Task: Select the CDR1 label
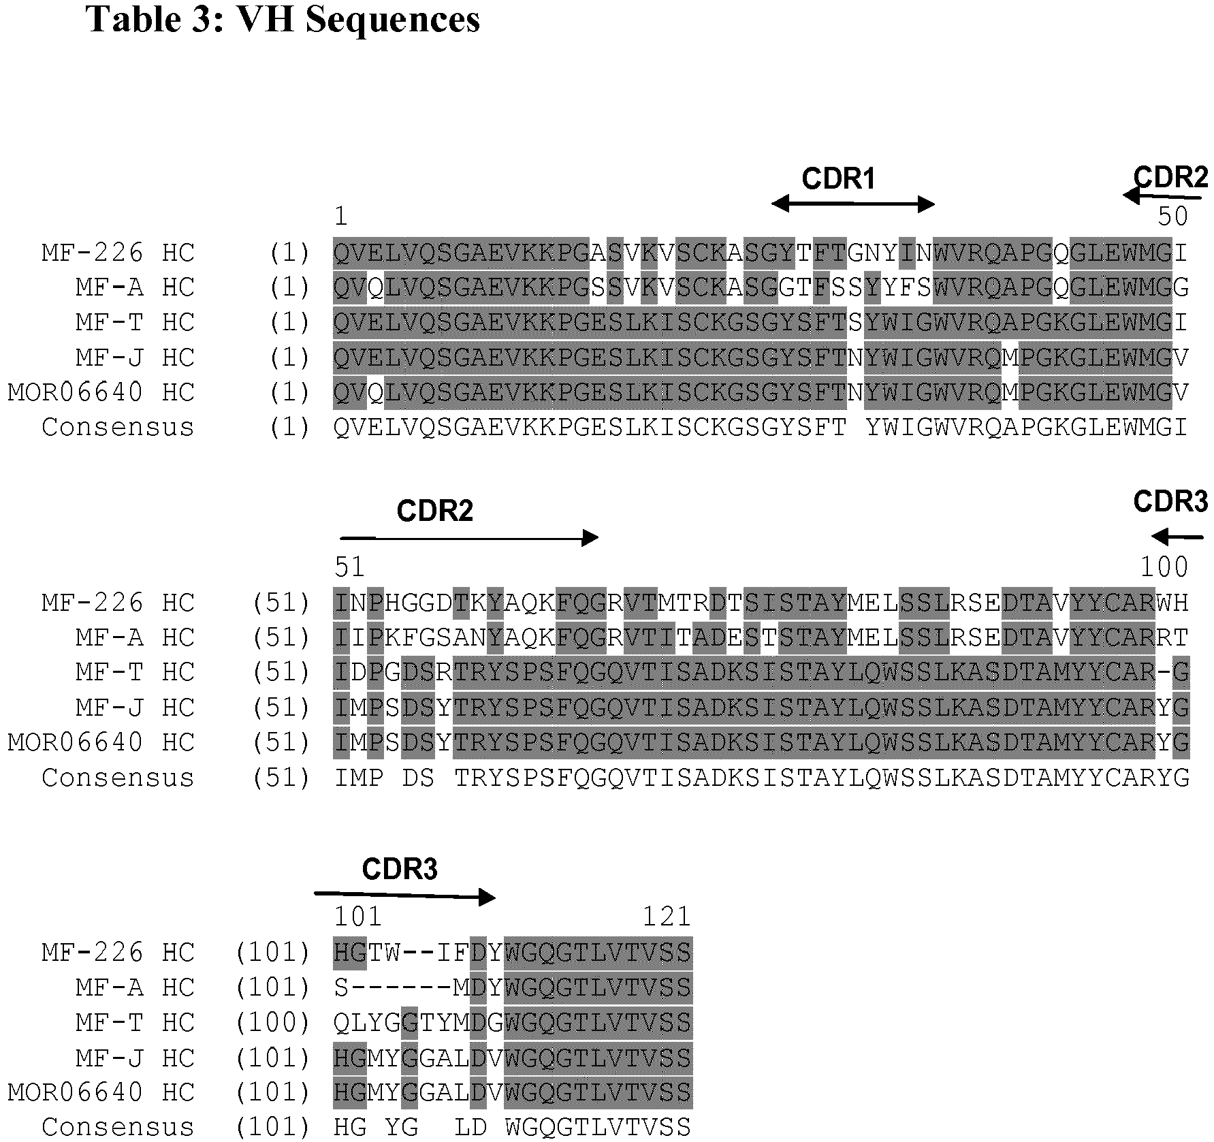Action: (x=838, y=179)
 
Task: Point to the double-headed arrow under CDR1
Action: (x=853, y=204)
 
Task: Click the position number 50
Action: (x=1172, y=217)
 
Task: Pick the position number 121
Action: (x=667, y=917)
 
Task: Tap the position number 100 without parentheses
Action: (x=1164, y=567)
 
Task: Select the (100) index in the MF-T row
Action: (x=273, y=1022)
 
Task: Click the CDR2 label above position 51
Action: (x=434, y=511)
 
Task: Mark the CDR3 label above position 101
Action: (x=400, y=870)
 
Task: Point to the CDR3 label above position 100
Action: (x=1170, y=502)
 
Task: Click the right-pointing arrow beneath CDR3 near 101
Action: (x=405, y=895)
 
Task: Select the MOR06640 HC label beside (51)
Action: (x=101, y=742)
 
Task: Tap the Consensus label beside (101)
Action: (x=118, y=1127)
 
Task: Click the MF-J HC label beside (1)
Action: (x=135, y=358)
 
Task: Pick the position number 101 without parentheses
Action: (x=358, y=917)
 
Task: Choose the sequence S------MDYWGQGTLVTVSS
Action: (x=513, y=987)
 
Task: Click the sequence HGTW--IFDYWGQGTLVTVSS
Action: (x=513, y=952)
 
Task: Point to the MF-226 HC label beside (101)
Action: (x=118, y=952)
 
